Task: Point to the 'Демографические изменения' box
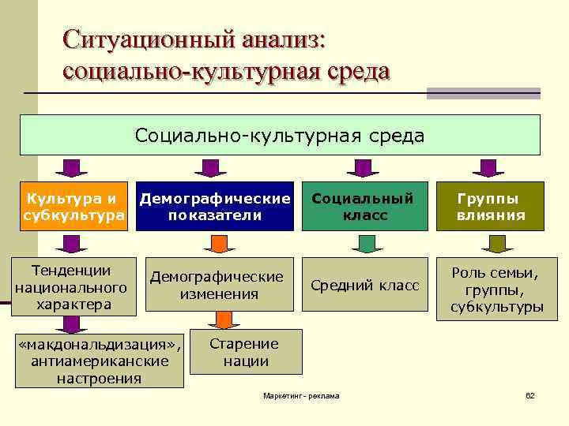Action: click(x=217, y=285)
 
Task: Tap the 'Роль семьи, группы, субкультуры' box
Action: click(x=496, y=290)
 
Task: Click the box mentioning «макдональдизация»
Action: click(x=100, y=361)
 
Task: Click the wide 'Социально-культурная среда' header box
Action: click(x=280, y=135)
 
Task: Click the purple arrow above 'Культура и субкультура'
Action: click(x=71, y=168)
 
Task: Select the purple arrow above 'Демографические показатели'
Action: click(x=209, y=168)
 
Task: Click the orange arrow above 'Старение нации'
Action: click(x=223, y=319)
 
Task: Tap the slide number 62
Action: click(x=530, y=394)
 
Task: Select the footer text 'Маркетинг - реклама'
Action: click(x=301, y=394)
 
